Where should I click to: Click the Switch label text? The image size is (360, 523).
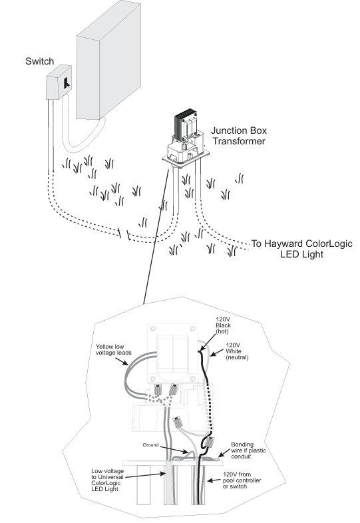click(x=39, y=61)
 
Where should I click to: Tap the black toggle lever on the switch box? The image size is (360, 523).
click(x=67, y=83)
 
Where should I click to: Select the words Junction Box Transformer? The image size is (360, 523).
click(x=239, y=136)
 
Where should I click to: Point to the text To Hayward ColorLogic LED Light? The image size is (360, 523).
click(x=301, y=249)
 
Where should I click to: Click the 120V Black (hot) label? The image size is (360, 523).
click(x=223, y=325)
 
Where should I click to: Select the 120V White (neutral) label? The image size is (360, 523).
click(x=237, y=351)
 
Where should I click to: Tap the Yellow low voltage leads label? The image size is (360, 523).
click(x=114, y=349)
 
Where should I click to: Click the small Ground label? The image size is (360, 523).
click(x=150, y=444)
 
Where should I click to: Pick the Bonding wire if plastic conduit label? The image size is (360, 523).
click(x=249, y=450)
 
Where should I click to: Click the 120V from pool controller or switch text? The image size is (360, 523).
click(x=242, y=480)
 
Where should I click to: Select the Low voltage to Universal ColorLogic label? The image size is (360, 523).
click(x=107, y=480)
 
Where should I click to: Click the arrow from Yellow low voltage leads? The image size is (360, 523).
click(x=122, y=361)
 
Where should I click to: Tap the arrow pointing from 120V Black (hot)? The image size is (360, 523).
click(x=207, y=343)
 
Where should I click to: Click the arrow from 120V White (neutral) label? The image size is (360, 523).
click(x=216, y=353)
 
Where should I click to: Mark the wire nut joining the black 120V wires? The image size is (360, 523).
click(x=210, y=442)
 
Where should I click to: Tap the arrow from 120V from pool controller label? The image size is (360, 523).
click(x=214, y=480)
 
